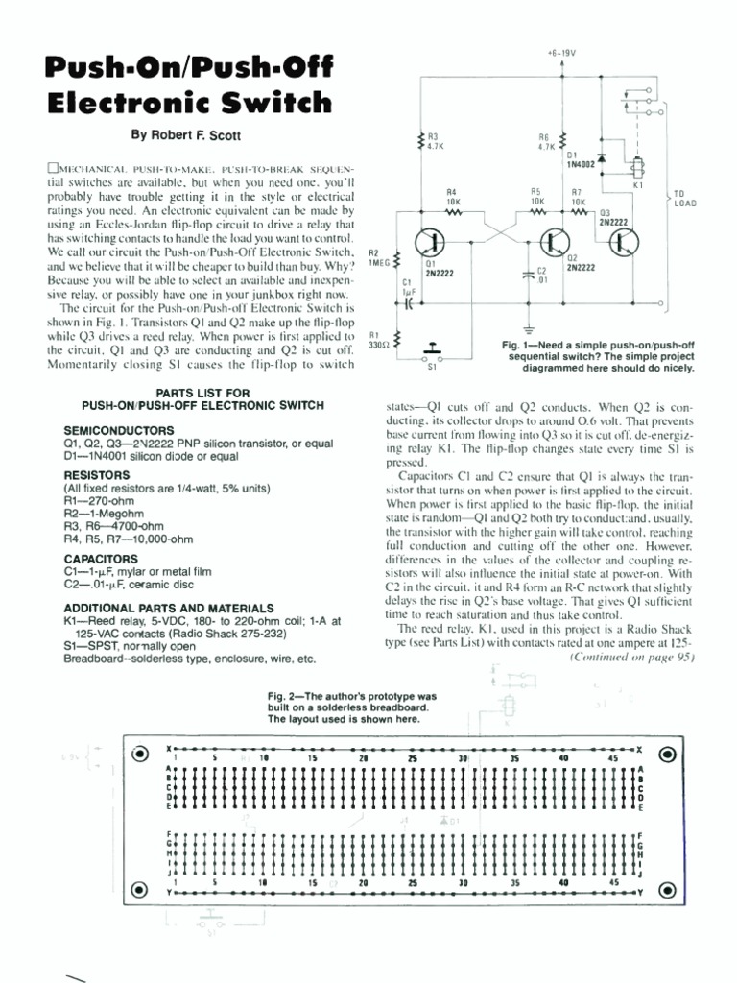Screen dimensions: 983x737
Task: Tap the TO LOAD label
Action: point(685,198)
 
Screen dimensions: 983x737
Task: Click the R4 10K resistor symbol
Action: point(453,213)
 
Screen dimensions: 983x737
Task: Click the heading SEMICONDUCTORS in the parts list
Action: point(119,430)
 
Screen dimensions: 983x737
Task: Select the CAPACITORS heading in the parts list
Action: point(103,559)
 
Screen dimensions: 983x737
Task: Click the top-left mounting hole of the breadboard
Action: point(141,753)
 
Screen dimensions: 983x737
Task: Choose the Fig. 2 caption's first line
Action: point(352,695)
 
